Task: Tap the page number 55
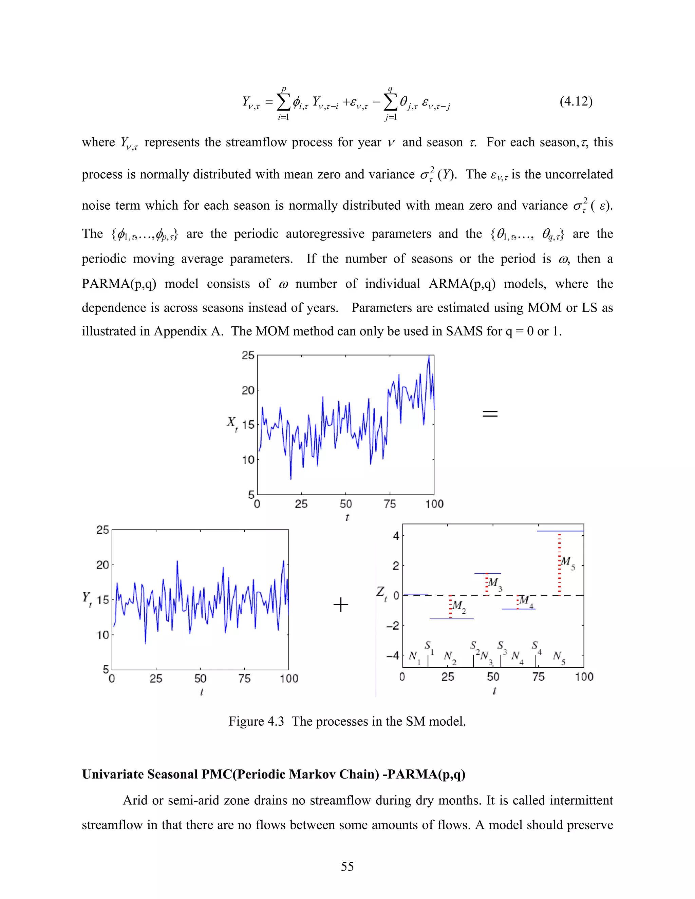click(347, 866)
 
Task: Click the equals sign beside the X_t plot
click(490, 414)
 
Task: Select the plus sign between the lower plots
click(340, 605)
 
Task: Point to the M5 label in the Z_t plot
click(568, 562)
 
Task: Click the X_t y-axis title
click(232, 423)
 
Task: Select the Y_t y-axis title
click(87, 598)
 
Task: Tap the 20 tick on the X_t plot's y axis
click(248, 390)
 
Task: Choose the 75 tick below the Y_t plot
click(245, 678)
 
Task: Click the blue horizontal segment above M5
click(560, 531)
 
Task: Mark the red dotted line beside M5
click(559, 564)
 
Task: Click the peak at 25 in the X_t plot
click(429, 357)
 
